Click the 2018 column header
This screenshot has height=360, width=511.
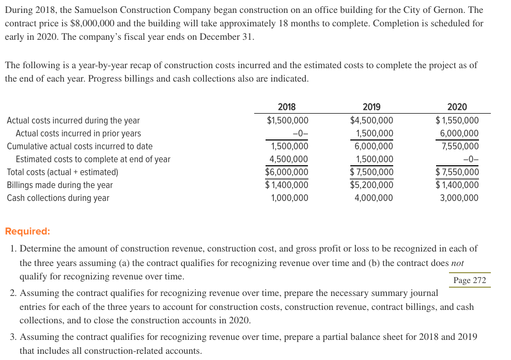(287, 107)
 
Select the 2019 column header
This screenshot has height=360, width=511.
(371, 107)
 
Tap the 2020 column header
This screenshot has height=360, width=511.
(457, 107)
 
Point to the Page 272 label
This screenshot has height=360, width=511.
(469, 280)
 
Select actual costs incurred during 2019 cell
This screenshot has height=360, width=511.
(371, 120)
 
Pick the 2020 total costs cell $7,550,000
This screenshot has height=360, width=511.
(457, 172)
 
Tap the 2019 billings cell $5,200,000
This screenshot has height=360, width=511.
(371, 185)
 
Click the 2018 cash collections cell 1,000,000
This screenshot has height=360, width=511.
(289, 198)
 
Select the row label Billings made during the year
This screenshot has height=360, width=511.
(59, 185)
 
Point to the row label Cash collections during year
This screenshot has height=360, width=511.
(58, 198)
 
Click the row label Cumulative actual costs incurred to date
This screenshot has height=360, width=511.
(80, 146)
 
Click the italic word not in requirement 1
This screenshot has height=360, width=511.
(457, 263)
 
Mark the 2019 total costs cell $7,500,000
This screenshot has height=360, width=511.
(371, 172)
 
